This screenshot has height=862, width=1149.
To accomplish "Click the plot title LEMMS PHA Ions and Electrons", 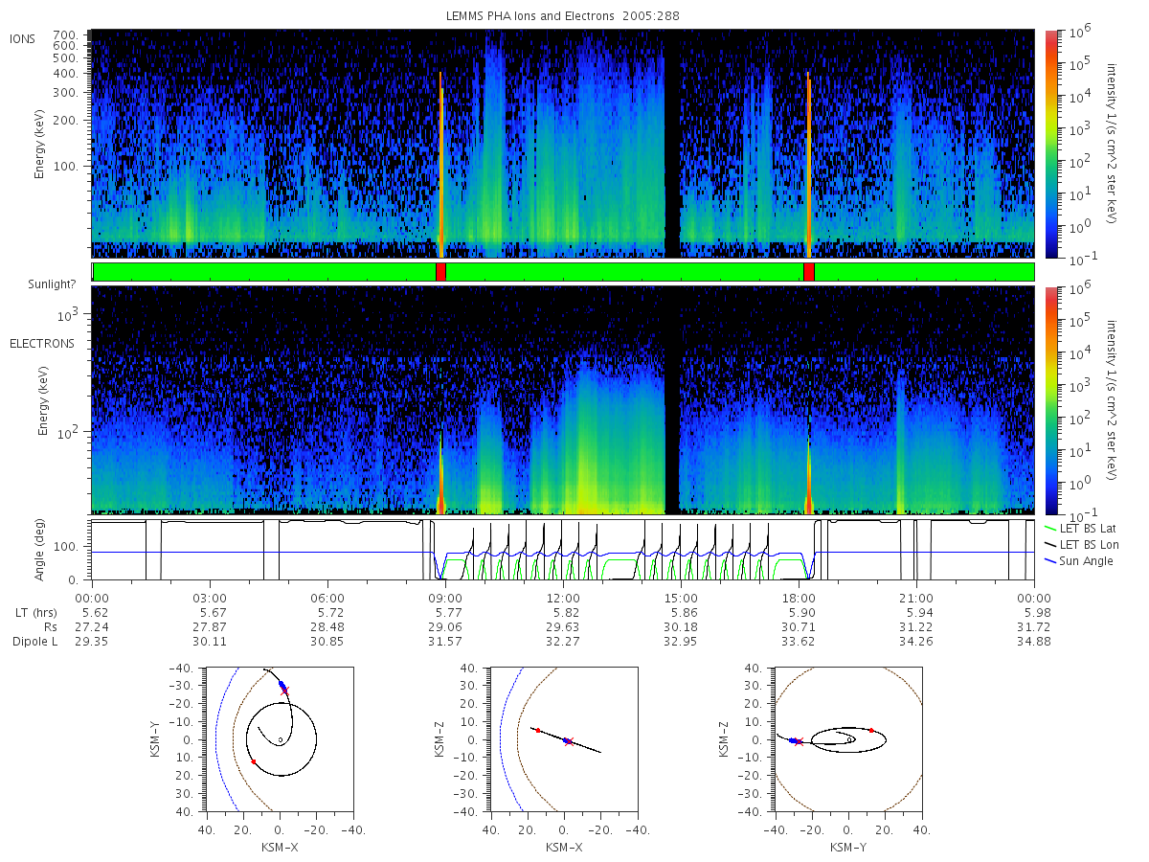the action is (x=529, y=16).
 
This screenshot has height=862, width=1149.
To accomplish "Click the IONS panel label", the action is (x=22, y=39).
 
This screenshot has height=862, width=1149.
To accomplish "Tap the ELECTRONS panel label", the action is (x=42, y=344).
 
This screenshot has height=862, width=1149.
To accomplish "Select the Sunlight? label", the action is (x=52, y=284).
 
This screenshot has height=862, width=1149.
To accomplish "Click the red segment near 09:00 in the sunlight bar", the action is (x=440, y=272).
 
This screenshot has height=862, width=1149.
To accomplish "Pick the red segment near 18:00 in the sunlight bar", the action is (x=809, y=272).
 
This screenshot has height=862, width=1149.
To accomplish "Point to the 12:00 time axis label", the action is (x=563, y=599).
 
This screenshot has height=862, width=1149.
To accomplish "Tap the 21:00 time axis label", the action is (x=916, y=599).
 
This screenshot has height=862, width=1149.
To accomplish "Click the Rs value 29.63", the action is (x=563, y=627).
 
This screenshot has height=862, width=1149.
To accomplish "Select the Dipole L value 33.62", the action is (x=799, y=641).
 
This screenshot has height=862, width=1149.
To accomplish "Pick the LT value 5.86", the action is (x=681, y=613).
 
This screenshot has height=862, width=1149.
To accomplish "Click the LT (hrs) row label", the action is (x=36, y=613).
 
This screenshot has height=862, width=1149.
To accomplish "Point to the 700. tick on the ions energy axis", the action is (x=65, y=35).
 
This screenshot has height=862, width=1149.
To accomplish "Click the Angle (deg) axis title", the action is (x=39, y=550).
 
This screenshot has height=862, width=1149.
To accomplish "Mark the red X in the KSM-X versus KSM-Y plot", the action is (x=284, y=691).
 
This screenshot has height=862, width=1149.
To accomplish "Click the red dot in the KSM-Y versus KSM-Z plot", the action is (x=871, y=730).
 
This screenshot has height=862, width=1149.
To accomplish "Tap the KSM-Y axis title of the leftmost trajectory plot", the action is (x=155, y=739).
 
